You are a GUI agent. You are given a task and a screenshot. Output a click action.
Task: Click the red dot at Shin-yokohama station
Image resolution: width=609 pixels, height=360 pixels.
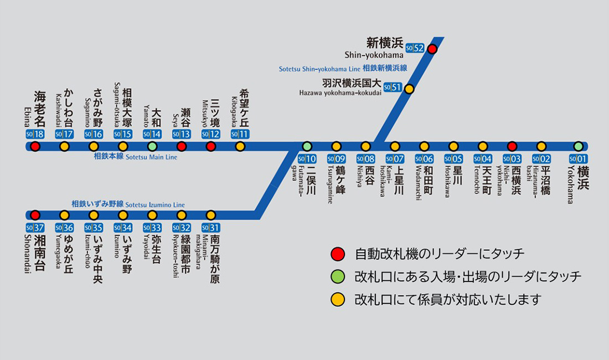coord(432,49)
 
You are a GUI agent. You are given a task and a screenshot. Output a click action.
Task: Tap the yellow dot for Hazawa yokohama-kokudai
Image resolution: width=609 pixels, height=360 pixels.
coord(409,88)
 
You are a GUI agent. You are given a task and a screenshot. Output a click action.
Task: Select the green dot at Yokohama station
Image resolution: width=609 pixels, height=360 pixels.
coord(578,146)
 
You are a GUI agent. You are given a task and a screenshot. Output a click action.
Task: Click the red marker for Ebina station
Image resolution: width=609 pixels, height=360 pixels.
coord(35,146)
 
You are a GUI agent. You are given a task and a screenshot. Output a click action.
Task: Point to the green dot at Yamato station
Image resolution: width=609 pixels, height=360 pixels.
coord(152,146)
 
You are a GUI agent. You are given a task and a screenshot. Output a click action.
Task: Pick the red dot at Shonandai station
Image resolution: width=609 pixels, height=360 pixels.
coord(35,215)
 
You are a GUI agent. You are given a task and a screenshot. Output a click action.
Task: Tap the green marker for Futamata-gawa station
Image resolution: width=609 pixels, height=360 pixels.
coord(307,146)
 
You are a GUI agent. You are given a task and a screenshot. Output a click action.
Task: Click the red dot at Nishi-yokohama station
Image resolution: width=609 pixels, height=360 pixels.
coord(512,146)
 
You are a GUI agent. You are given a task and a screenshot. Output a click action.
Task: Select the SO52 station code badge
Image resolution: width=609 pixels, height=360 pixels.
coord(415,48)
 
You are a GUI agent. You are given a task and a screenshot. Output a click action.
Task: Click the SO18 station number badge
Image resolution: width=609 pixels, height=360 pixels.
coord(35,134)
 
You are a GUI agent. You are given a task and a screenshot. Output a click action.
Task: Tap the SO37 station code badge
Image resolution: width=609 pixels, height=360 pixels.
coord(35,228)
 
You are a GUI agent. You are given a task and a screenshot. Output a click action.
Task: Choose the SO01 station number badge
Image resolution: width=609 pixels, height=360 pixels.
coord(578,159)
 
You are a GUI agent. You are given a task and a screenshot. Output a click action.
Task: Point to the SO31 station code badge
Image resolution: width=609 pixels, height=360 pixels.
coord(210,228)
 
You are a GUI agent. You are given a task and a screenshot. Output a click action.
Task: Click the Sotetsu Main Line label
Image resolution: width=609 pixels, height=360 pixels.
coord(135,157)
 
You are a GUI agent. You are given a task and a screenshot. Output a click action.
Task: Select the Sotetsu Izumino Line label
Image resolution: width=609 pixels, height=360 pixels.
coord(128,204)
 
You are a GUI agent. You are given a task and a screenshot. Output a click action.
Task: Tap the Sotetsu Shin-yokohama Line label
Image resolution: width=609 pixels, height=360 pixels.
coord(343,69)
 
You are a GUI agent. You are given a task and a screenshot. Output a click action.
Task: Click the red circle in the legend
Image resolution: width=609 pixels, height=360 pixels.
coord(337,254)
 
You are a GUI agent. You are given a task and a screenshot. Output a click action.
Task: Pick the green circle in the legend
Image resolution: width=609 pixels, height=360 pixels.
coord(337,277)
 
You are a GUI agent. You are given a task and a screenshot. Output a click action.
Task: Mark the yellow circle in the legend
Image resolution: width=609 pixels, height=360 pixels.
coord(337,300)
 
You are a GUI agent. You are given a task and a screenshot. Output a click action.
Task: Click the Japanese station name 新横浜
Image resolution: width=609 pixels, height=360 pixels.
coord(385,43)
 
